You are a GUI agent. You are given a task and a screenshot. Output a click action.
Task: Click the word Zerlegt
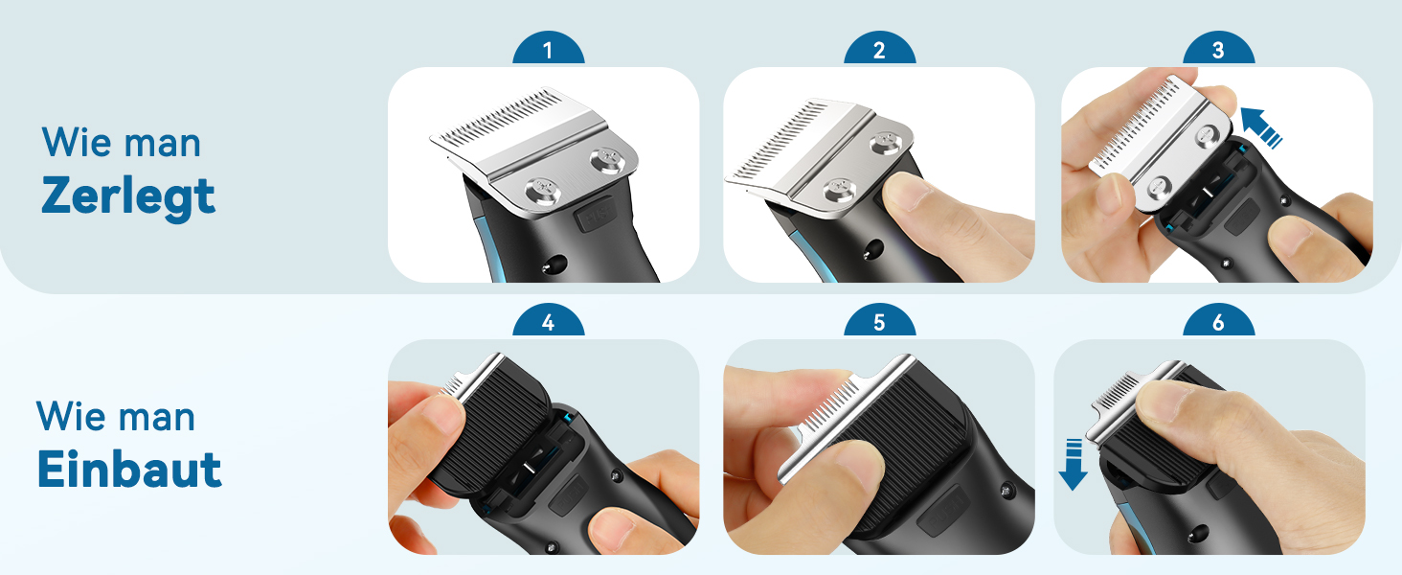[128, 196]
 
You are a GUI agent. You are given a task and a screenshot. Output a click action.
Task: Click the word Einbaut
[129, 469]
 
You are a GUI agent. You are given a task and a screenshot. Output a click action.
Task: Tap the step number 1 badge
[549, 49]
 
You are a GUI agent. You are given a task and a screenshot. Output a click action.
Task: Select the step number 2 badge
[879, 49]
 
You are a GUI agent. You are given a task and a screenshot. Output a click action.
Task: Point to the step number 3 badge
[1218, 49]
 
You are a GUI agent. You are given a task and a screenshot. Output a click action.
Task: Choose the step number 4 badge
[549, 321]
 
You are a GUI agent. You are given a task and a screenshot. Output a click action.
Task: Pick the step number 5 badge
[879, 321]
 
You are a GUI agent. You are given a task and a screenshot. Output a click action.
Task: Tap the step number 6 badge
[1218, 321]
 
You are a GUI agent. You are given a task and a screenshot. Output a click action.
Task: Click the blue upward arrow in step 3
[1260, 127]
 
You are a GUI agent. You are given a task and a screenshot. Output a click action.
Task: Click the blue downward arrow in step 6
[1073, 465]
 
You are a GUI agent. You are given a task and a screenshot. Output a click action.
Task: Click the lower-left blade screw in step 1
[542, 191]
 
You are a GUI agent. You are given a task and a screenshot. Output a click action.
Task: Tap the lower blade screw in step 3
[1159, 187]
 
